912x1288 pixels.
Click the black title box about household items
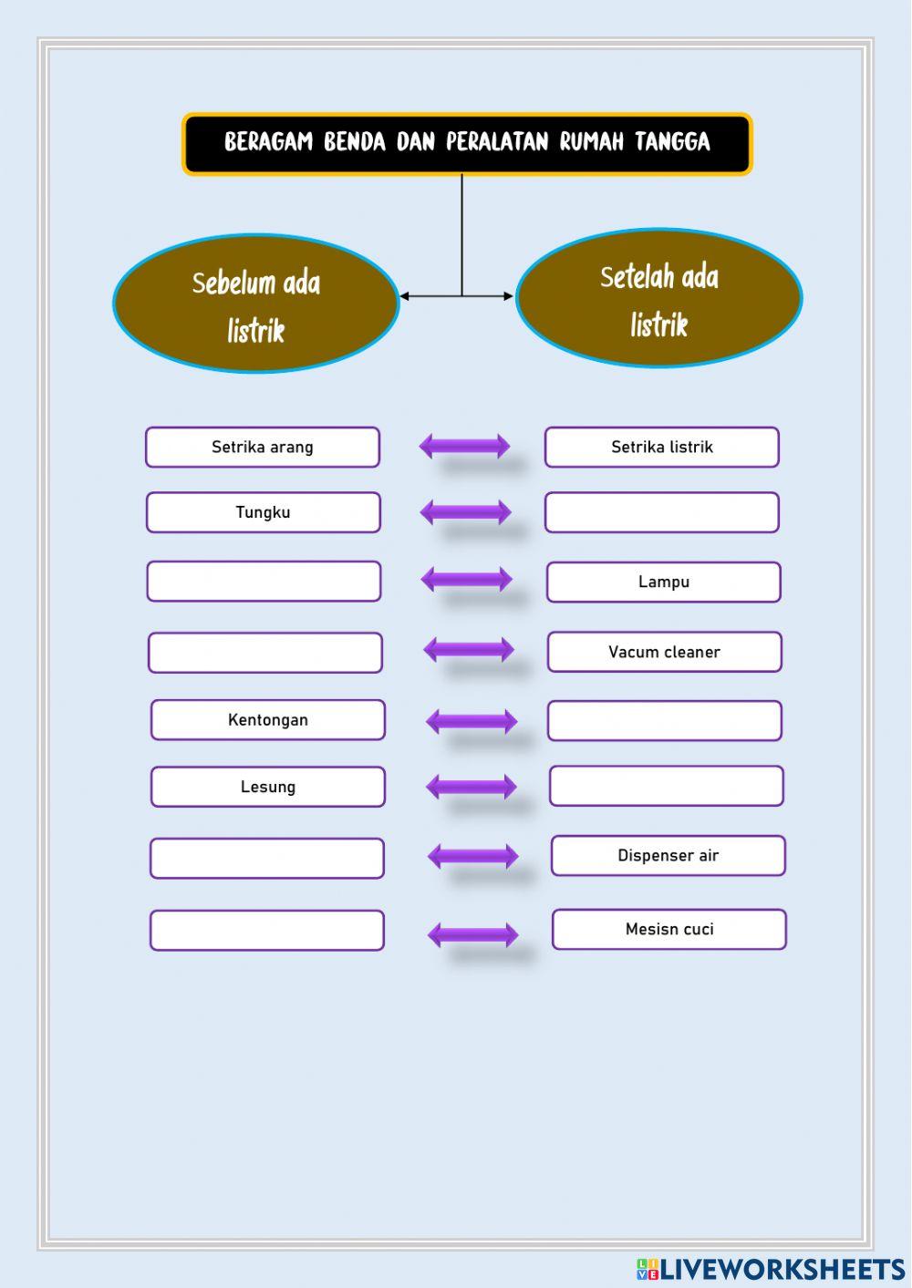(x=467, y=144)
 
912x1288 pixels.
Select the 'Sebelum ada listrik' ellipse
(x=256, y=303)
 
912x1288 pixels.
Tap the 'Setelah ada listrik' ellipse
(x=658, y=298)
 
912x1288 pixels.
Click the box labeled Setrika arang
(x=263, y=447)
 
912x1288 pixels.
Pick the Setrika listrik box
(x=662, y=447)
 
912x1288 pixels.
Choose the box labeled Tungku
(x=263, y=512)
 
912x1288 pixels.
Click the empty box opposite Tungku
(x=662, y=512)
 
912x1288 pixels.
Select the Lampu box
(x=663, y=582)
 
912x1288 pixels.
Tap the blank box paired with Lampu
(x=264, y=582)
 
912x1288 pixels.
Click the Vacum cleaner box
(x=665, y=652)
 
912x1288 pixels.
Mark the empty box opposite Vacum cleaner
(x=265, y=653)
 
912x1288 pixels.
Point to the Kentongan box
(x=267, y=720)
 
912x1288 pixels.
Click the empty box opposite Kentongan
(x=665, y=720)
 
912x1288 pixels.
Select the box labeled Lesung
(x=267, y=787)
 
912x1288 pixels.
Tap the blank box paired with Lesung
(x=667, y=786)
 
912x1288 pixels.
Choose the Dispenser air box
(x=668, y=856)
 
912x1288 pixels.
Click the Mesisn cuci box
(x=669, y=929)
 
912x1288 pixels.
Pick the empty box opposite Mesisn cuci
(x=267, y=931)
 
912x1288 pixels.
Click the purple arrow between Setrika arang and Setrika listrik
(x=464, y=447)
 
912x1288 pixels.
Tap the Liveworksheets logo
(x=771, y=1270)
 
